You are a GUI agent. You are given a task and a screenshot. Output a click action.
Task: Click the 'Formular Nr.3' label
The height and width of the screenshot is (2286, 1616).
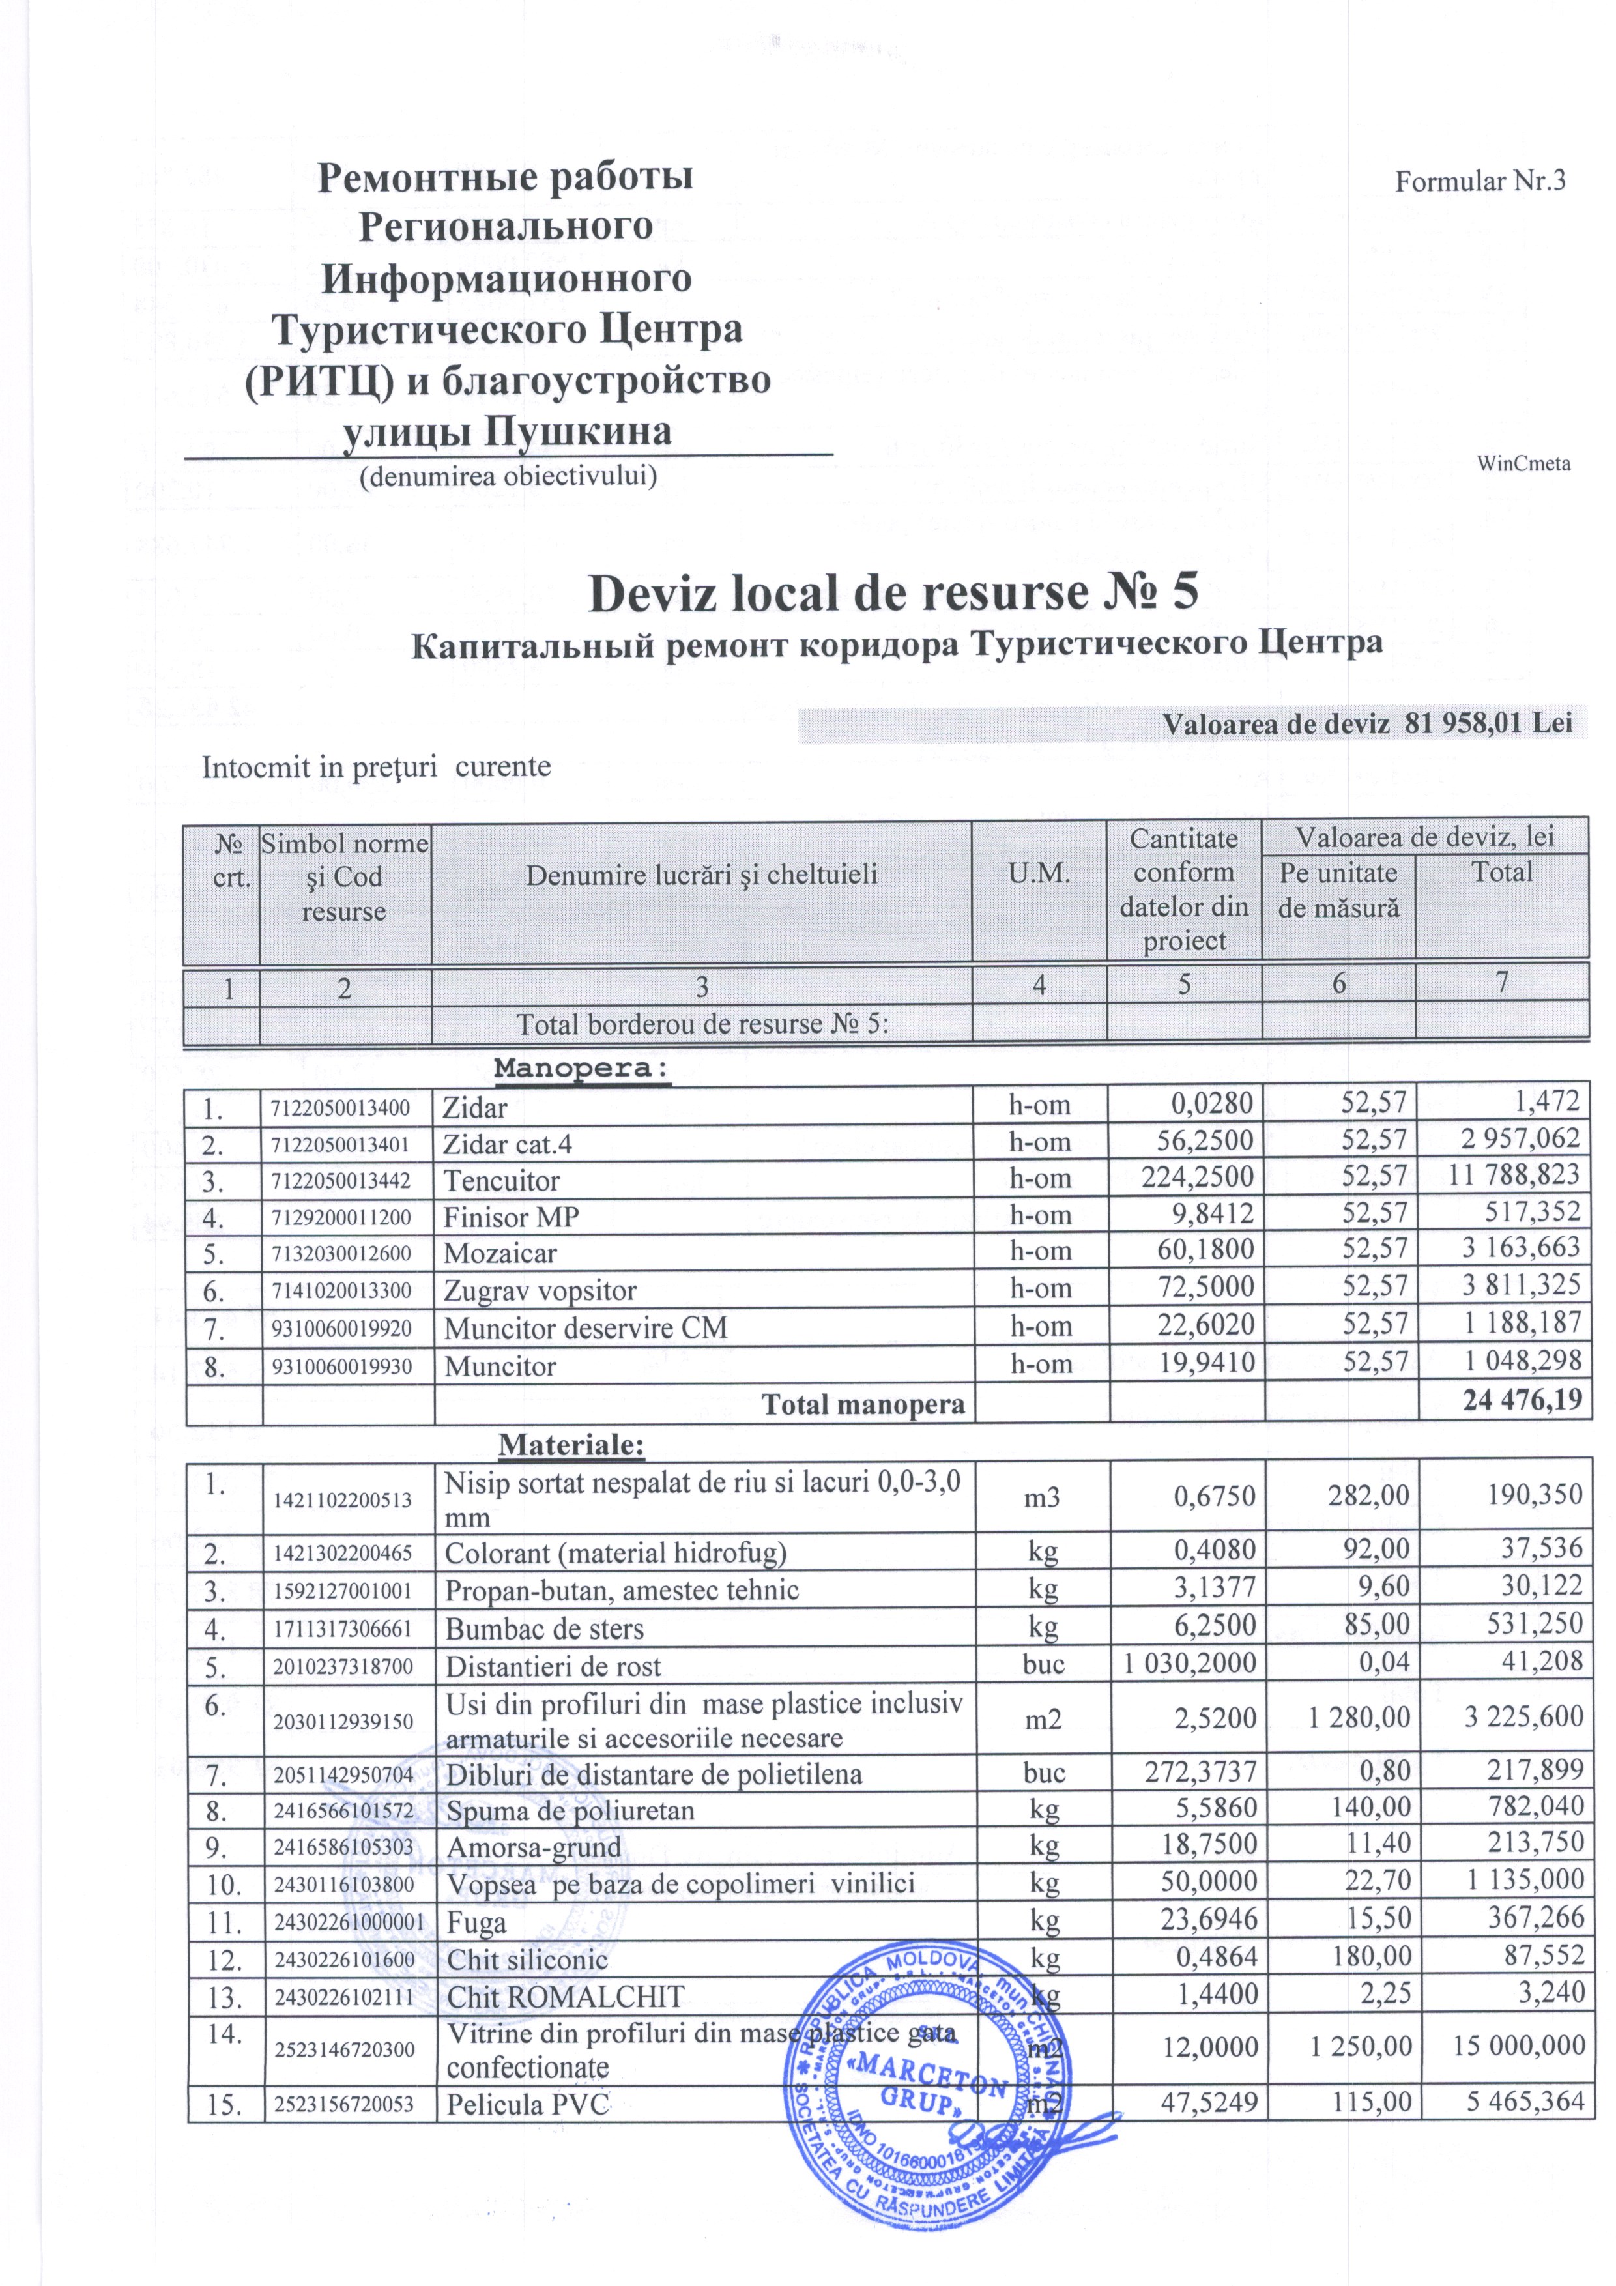point(1480,181)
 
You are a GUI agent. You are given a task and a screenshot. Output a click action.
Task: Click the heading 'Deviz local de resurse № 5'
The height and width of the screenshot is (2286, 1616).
point(893,594)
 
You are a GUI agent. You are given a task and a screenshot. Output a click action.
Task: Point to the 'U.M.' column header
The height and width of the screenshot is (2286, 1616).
point(1039,874)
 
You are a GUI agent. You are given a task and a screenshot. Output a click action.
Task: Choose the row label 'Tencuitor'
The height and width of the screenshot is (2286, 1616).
point(501,1181)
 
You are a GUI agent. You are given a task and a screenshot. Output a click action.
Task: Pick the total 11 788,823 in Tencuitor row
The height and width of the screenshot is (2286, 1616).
point(1514,1175)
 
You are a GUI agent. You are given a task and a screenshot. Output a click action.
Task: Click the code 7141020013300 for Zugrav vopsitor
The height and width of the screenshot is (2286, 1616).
point(341,1292)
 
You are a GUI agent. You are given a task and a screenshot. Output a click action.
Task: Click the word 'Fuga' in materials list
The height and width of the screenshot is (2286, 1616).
point(476,1922)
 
